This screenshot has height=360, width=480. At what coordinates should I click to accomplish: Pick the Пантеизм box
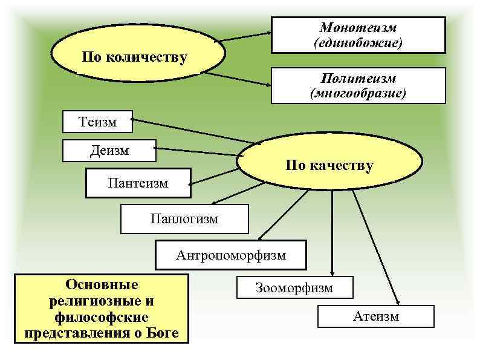(138, 183)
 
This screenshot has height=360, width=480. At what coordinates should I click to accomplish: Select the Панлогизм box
(184, 219)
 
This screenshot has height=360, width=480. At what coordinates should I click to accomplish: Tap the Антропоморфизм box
(231, 255)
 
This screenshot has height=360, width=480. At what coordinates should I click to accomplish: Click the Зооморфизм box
(294, 288)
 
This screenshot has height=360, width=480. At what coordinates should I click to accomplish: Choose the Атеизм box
(375, 316)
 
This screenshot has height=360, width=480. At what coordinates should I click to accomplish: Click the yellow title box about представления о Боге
(102, 309)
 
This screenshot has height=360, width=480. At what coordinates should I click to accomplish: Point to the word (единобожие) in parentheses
(358, 44)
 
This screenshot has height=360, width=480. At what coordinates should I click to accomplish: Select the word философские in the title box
(102, 317)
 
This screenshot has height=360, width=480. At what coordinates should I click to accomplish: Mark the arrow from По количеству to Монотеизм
(245, 36)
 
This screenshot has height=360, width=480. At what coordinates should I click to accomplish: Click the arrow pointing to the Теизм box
(193, 131)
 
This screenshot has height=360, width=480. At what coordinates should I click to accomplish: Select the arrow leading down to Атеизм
(375, 248)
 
